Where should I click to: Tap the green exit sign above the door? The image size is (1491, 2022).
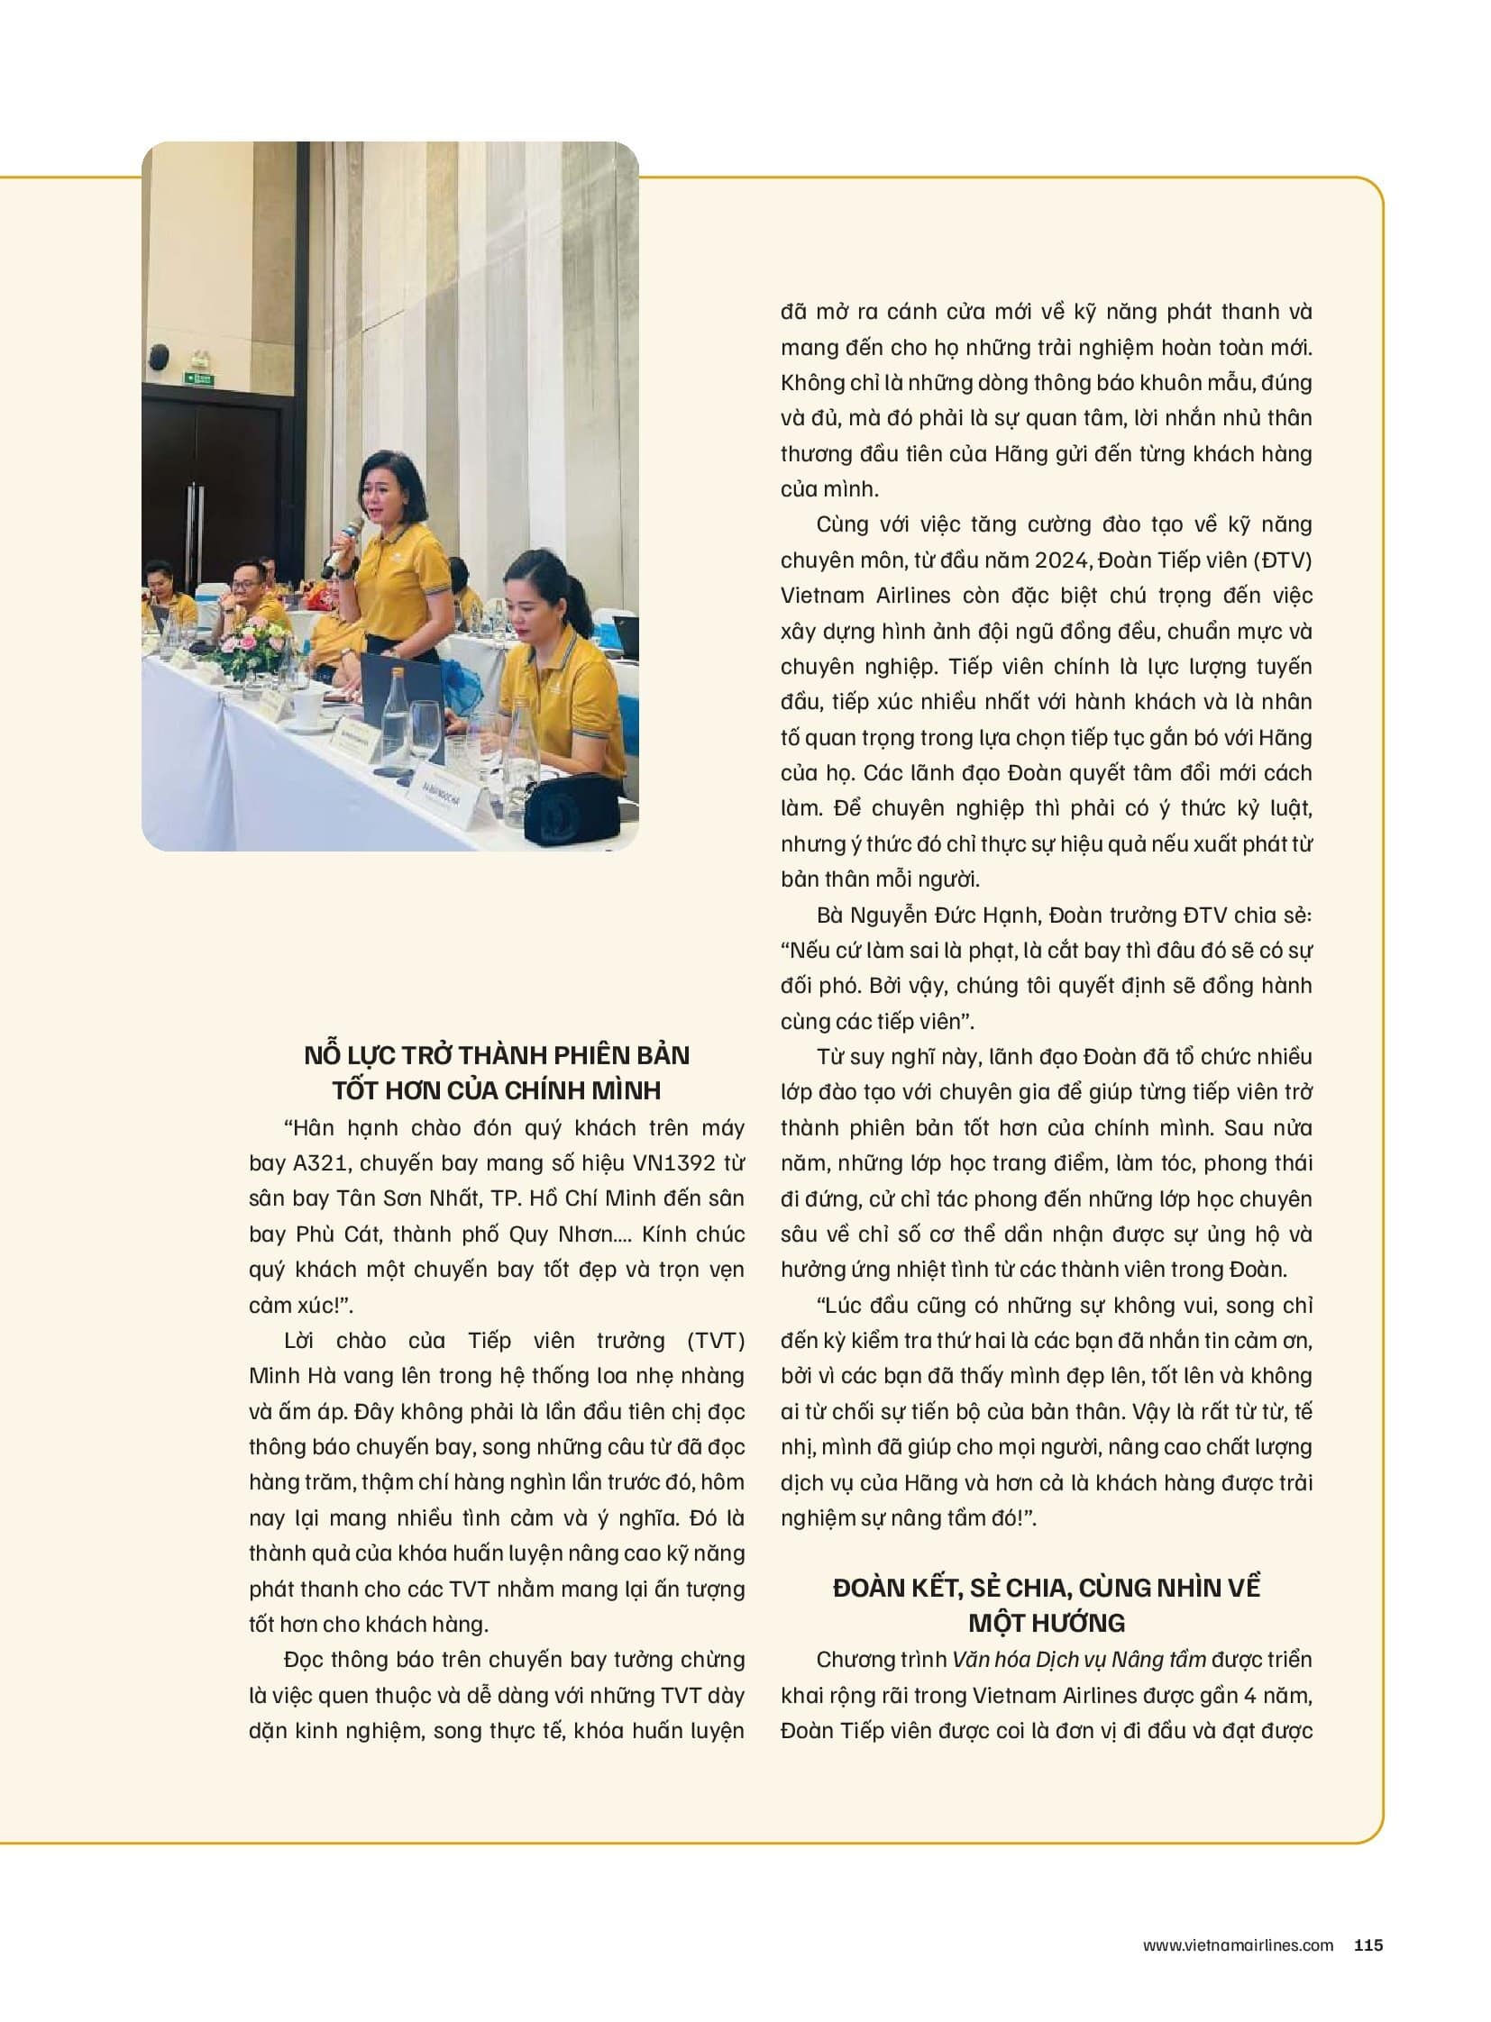click(x=199, y=378)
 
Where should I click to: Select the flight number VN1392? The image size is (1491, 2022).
click(x=666, y=1162)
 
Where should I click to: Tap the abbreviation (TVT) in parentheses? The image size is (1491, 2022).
click(x=716, y=1340)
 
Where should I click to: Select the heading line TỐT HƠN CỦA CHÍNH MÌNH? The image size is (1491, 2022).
click(x=497, y=1090)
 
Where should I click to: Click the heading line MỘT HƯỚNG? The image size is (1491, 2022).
click(x=1046, y=1622)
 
